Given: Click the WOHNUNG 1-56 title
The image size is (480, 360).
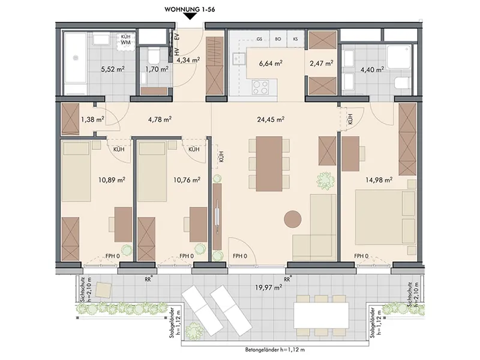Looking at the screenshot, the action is click(190, 9).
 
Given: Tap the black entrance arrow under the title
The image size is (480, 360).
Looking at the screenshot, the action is click(190, 17).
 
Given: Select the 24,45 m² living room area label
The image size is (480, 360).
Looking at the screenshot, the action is click(271, 119).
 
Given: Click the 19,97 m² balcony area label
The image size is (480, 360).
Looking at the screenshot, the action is click(268, 287).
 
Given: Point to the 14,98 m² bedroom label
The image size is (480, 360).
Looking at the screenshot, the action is click(379, 179).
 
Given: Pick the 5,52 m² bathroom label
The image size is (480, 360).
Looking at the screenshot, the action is click(113, 69).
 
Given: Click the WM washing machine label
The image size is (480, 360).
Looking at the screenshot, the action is click(126, 42).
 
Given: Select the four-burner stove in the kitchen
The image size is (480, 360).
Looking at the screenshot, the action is click(260, 87).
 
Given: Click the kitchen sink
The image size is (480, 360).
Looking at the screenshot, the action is click(238, 59).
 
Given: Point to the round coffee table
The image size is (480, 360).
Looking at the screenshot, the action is click(293, 219).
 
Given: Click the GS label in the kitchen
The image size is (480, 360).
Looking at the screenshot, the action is click(259, 39).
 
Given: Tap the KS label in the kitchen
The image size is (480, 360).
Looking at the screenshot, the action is click(295, 39).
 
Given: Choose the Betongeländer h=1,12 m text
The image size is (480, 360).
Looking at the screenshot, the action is click(275, 350).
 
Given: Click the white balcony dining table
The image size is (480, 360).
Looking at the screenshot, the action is click(321, 315).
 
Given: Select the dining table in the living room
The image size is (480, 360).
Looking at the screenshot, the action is click(269, 164).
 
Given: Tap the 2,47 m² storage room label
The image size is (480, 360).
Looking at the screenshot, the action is click(322, 64).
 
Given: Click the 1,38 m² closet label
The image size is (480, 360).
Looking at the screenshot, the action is click(93, 119).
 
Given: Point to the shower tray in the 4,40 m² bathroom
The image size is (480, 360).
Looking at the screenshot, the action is click(399, 57).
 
